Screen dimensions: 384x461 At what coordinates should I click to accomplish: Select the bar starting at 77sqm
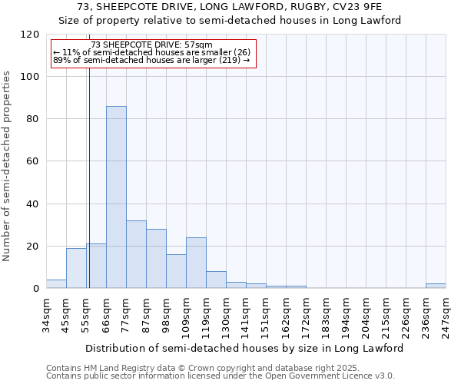point(136,254)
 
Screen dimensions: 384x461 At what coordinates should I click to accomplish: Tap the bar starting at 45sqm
point(76,268)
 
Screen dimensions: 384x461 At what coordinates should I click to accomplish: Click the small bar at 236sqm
point(436,286)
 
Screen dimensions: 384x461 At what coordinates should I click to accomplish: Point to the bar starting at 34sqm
point(56,284)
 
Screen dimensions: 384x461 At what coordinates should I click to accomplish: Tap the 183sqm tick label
point(326,315)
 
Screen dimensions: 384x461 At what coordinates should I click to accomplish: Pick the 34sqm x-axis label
point(46,315)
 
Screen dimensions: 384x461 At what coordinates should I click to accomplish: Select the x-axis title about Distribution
point(244,348)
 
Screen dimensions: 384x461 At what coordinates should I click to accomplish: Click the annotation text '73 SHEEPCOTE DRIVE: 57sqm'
point(151,45)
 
